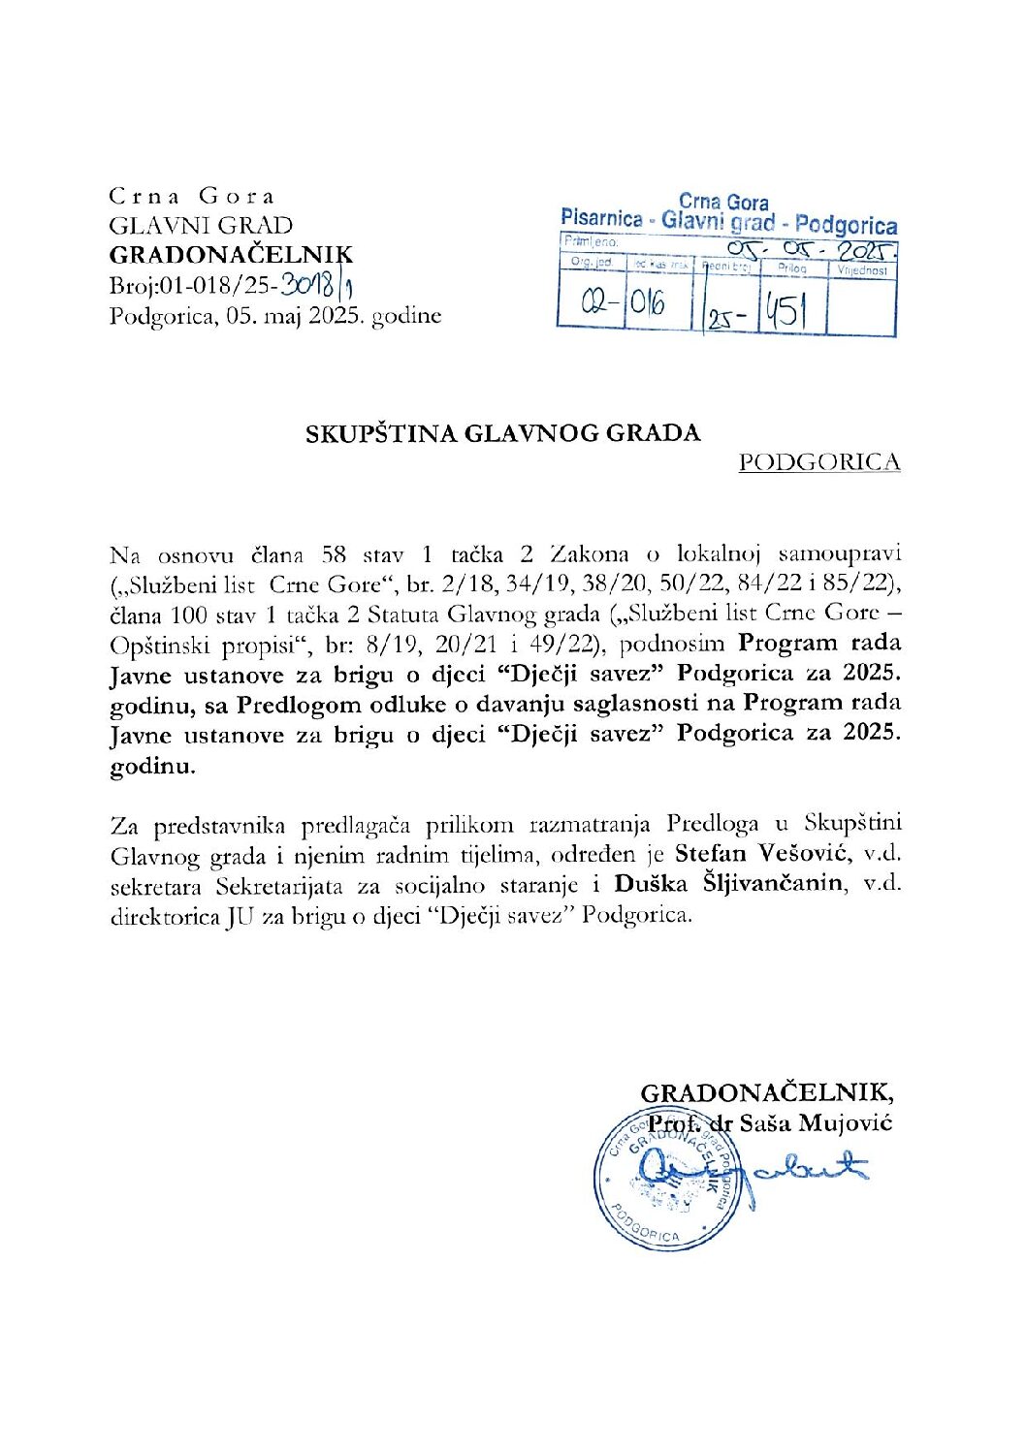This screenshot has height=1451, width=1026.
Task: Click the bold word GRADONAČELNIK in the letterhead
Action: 231,255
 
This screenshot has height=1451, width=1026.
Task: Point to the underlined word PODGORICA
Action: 819,462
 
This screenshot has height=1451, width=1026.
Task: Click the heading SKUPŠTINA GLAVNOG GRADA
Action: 503,433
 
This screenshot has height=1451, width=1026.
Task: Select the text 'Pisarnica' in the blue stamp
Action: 601,218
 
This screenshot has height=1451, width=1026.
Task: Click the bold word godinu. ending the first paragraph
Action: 152,765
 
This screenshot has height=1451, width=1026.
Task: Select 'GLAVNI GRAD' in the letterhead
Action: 201,226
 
